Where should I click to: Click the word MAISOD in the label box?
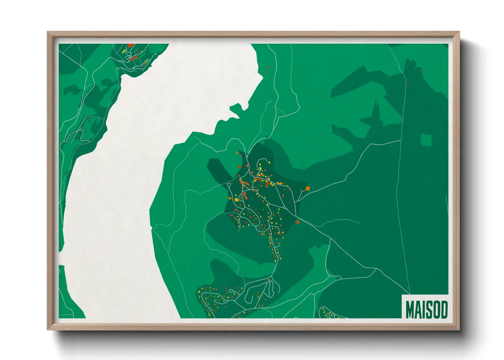[426, 309]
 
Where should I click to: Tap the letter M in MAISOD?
[410, 309]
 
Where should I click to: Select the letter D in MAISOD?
[443, 309]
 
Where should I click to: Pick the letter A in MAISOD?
[418, 309]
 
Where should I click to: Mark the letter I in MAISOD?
[423, 309]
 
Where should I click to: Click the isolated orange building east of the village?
[307, 188]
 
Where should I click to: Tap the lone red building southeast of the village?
[298, 222]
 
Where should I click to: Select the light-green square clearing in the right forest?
[426, 140]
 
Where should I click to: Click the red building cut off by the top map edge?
[130, 45]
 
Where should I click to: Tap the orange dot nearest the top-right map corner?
[420, 70]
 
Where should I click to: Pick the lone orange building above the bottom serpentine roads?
[269, 280]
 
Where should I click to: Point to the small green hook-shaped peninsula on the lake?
[238, 110]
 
